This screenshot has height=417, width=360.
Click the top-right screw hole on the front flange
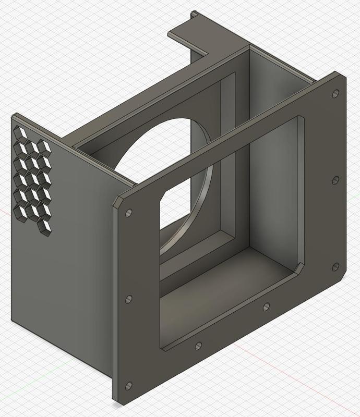pyautogui.click(x=335, y=94)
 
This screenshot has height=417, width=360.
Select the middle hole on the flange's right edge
pyautogui.click(x=335, y=180)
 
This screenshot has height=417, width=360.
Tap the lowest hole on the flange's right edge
pyautogui.click(x=335, y=267)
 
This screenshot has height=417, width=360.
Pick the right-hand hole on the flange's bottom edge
pyautogui.click(x=267, y=306)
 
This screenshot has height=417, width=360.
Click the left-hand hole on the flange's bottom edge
pyautogui.click(x=198, y=346)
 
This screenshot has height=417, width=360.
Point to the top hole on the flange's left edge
pyautogui.click(x=129, y=213)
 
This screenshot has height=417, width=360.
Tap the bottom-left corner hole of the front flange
pyautogui.click(x=129, y=386)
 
